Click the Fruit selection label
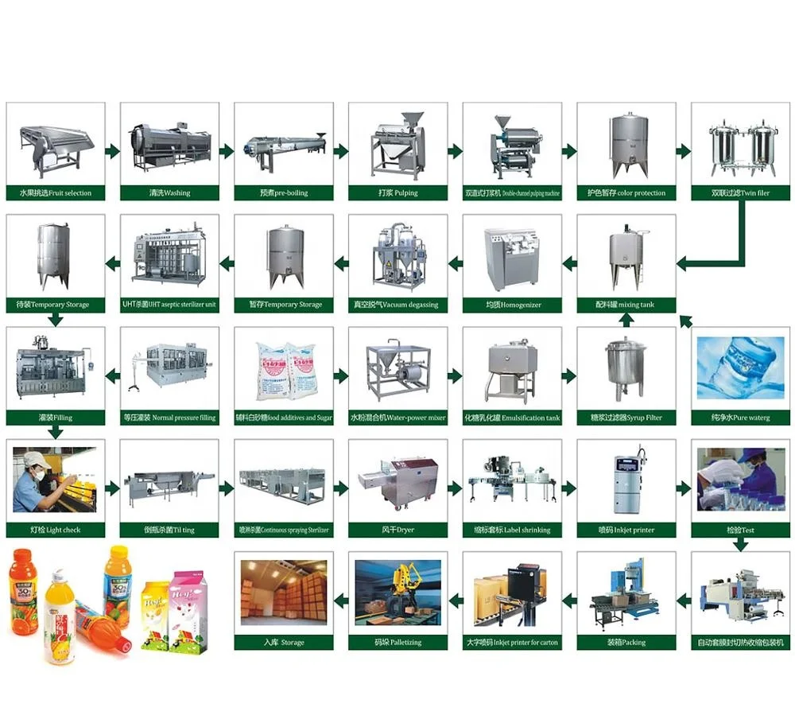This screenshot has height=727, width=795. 56,193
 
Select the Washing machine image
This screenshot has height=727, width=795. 168,149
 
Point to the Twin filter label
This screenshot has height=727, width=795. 740,193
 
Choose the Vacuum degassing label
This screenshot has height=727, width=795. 397,305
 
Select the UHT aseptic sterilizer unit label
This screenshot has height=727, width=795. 169,305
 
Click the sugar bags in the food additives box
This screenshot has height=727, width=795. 283,371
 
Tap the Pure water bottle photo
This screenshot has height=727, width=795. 740,367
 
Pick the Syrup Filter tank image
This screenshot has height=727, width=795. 625,367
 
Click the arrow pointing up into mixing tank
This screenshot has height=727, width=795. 626,320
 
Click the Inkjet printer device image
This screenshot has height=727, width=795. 626,482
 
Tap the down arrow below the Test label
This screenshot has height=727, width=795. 740,545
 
